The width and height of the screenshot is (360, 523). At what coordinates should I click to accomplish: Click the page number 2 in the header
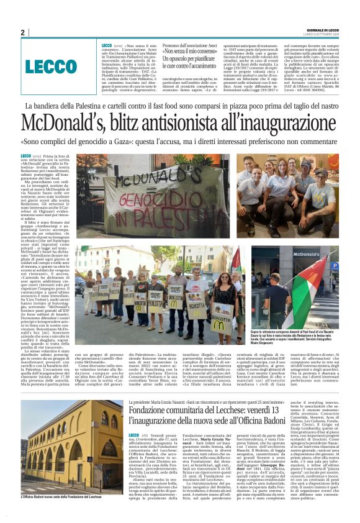point(22,33)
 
